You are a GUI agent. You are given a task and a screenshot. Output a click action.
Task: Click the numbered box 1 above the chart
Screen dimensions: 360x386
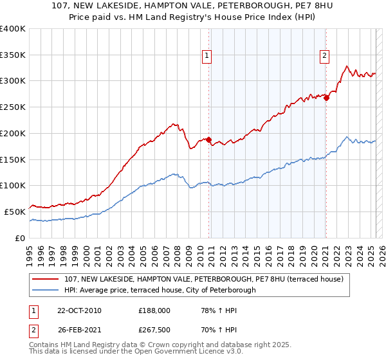pos(207,56)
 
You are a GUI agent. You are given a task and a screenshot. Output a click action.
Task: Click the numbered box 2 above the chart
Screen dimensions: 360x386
pos(325,56)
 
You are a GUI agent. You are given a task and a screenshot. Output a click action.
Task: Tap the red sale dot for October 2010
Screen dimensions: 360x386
pos(208,139)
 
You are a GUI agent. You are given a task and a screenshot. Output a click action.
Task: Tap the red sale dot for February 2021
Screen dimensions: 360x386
pos(326,98)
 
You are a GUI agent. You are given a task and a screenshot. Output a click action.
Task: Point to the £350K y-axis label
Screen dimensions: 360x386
pos(13,55)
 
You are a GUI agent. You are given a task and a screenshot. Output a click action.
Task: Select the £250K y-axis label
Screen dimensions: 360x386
pos(13,107)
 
